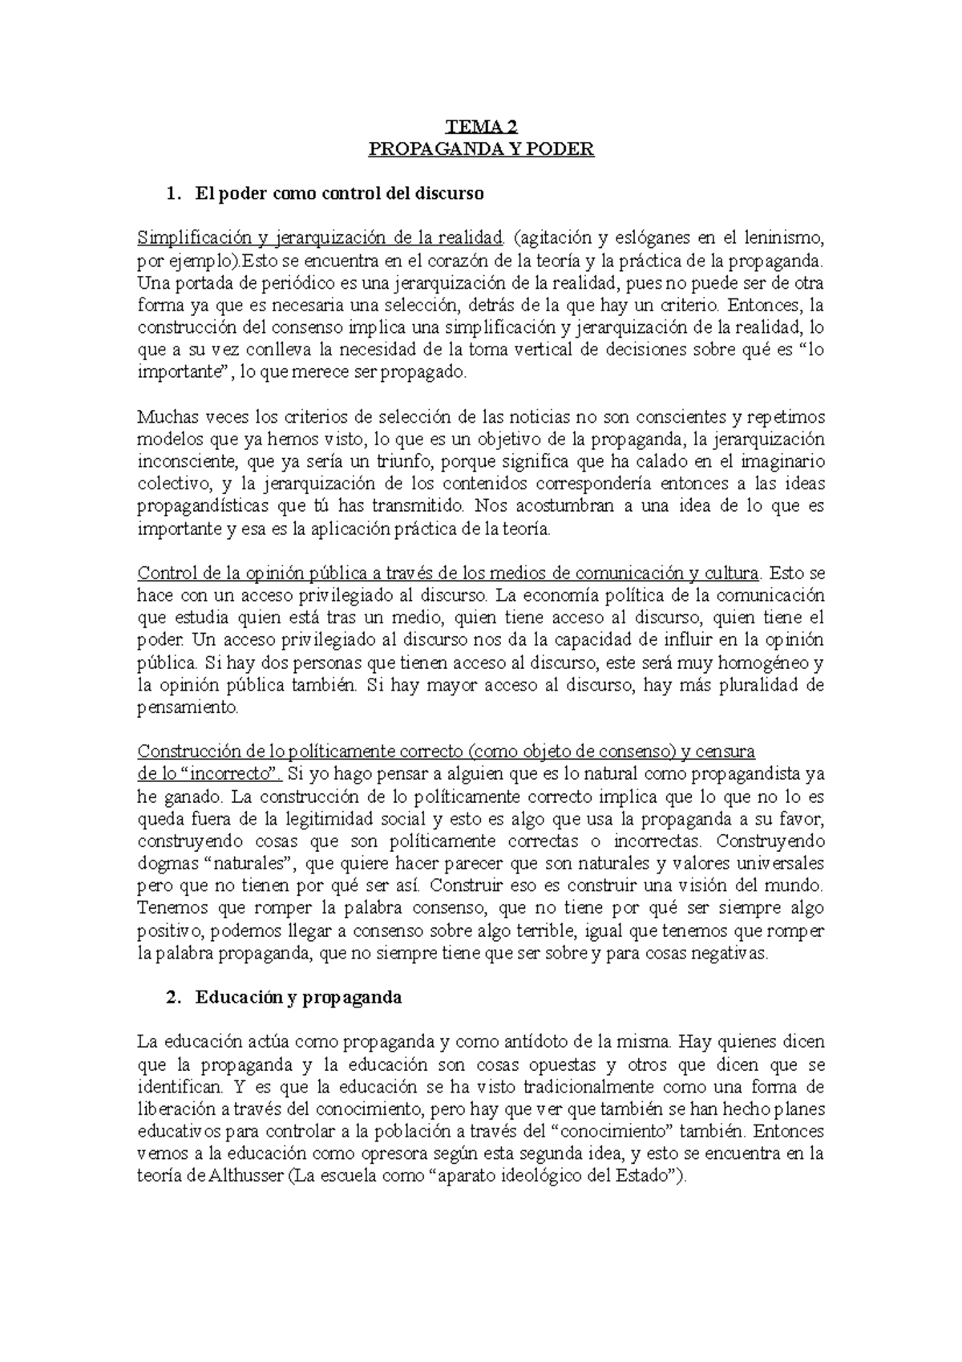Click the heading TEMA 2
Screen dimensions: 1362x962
click(481, 127)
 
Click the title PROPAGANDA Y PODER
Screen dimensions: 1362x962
click(481, 149)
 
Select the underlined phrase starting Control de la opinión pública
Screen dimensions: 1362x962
click(448, 574)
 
